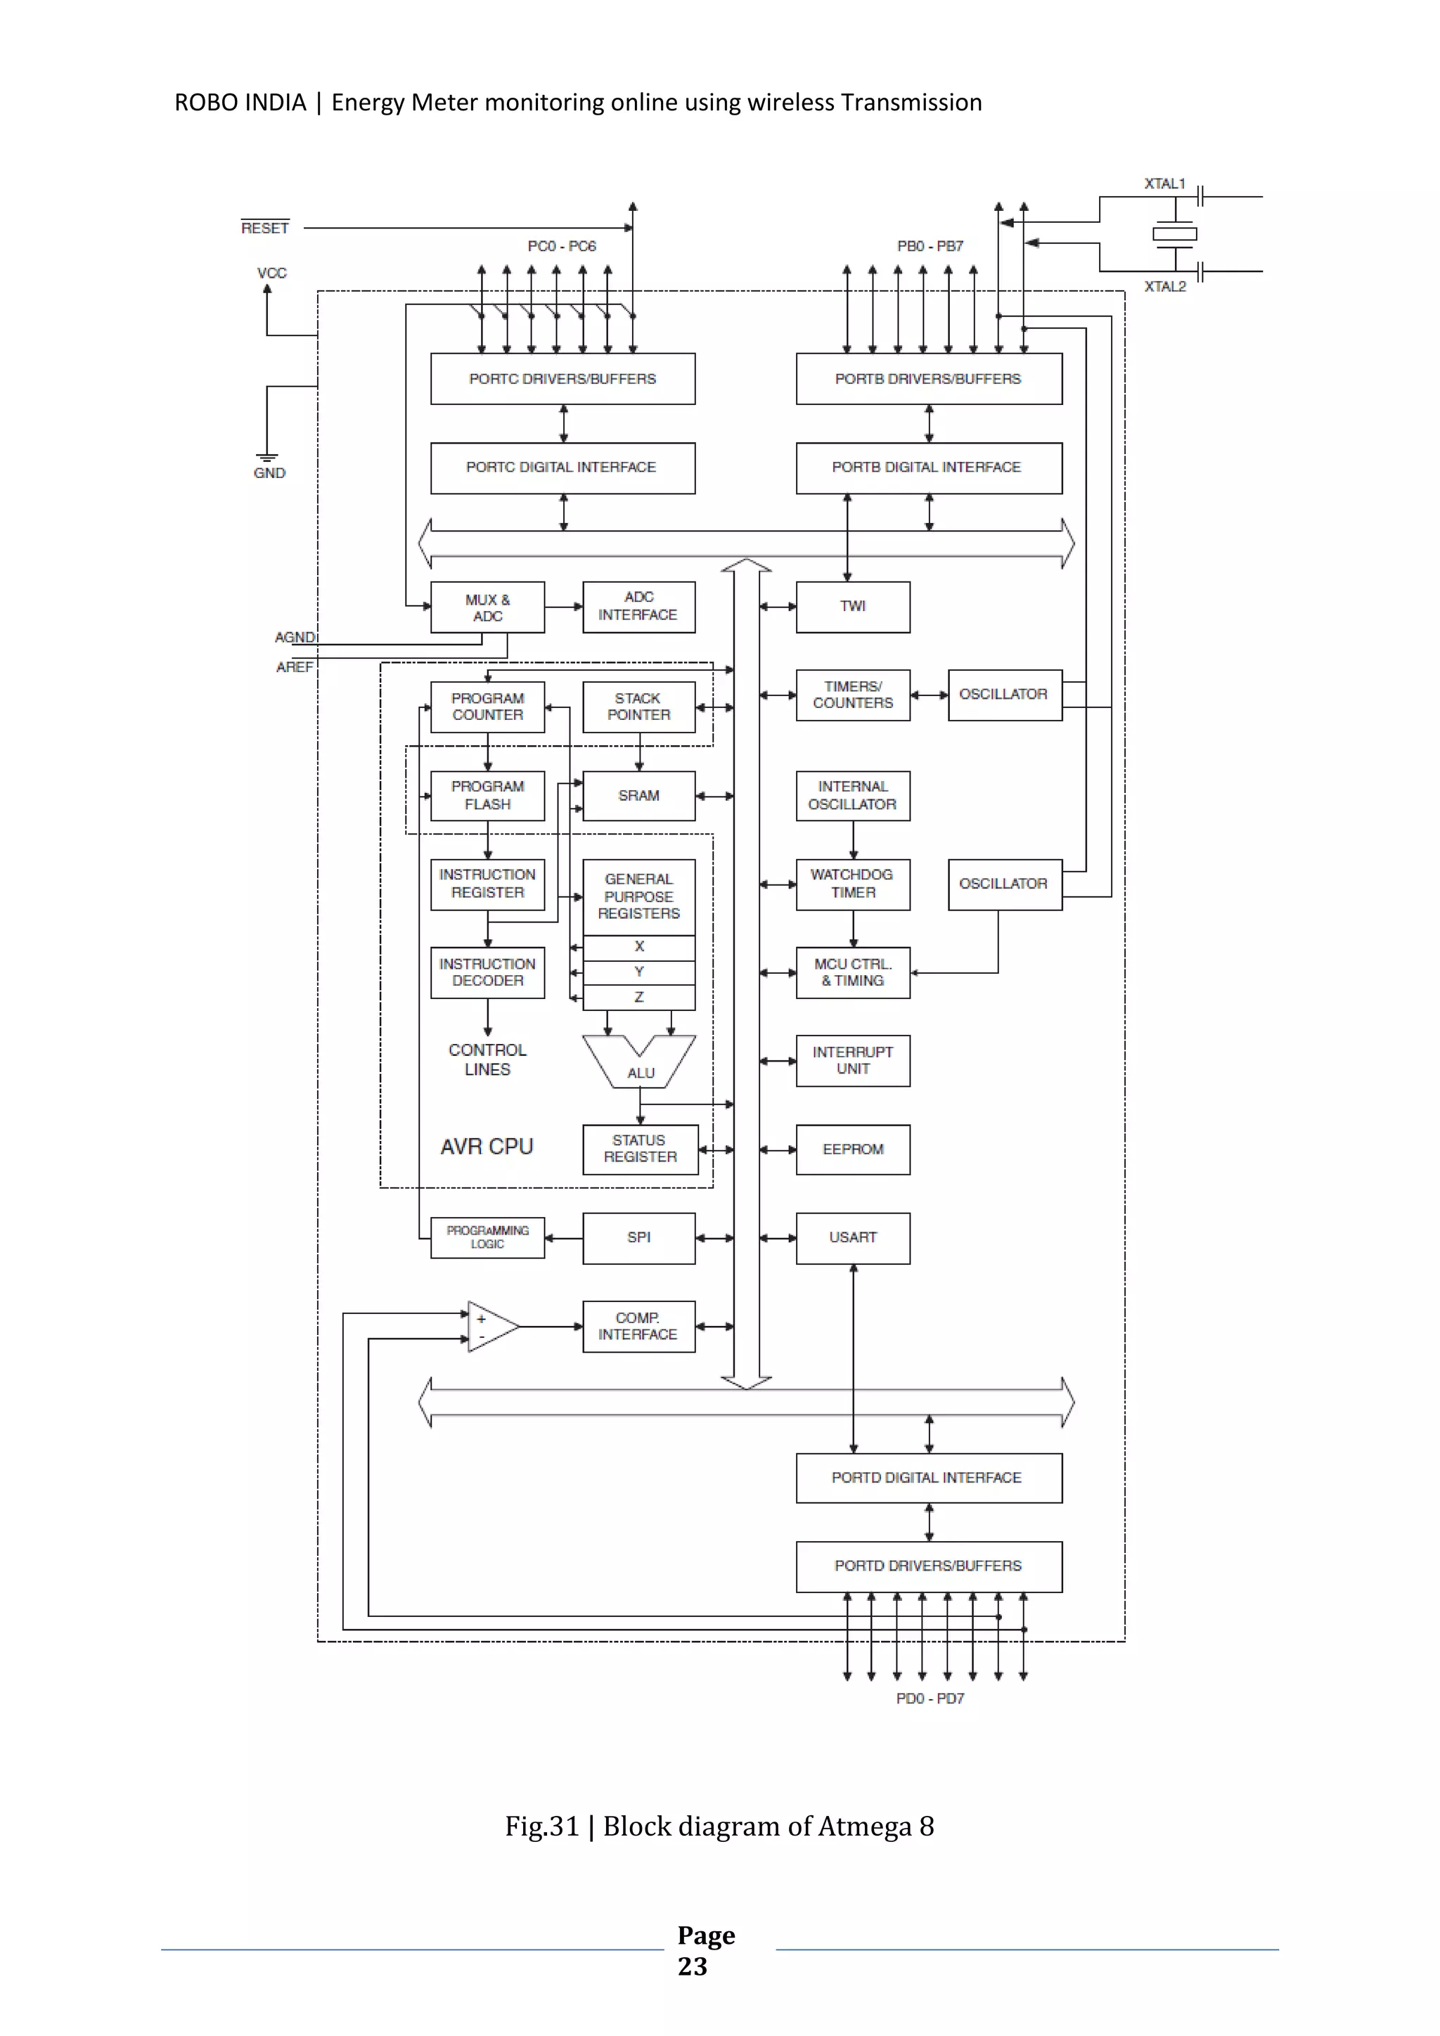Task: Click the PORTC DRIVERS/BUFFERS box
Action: pyautogui.click(x=562, y=379)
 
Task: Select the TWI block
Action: pyautogui.click(x=852, y=607)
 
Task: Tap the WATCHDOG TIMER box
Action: pyautogui.click(x=852, y=884)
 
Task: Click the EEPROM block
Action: pyautogui.click(x=852, y=1149)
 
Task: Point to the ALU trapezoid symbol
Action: pyautogui.click(x=639, y=1064)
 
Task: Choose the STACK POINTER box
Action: pyautogui.click(x=638, y=707)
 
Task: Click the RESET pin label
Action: pyautogui.click(x=265, y=228)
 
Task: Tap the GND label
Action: pyautogui.click(x=269, y=472)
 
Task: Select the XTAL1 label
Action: pyautogui.click(x=1164, y=183)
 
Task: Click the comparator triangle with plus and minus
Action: pyautogui.click(x=490, y=1327)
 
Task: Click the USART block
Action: pyautogui.click(x=852, y=1237)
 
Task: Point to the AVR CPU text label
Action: pyautogui.click(x=487, y=1147)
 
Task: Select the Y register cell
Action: pyautogui.click(x=638, y=972)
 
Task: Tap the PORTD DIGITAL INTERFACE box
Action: pyautogui.click(x=927, y=1477)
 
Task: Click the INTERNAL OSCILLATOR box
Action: pyautogui.click(x=852, y=795)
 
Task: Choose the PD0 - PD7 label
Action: pyautogui.click(x=930, y=1698)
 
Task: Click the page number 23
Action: pyautogui.click(x=693, y=1966)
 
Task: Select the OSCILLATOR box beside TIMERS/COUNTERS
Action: pyautogui.click(x=1004, y=695)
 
